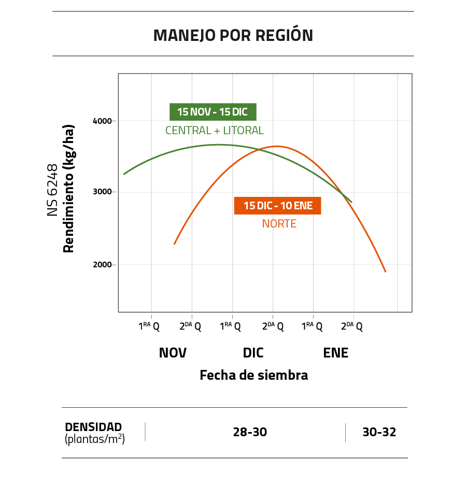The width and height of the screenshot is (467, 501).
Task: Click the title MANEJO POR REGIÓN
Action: (233, 35)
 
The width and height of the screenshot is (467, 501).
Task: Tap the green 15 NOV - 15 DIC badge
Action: (213, 112)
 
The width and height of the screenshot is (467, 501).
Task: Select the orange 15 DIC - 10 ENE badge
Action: (278, 206)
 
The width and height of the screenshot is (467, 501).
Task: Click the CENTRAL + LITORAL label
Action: (214, 131)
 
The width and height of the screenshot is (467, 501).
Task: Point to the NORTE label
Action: (279, 224)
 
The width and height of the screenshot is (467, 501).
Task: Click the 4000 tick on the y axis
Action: (102, 121)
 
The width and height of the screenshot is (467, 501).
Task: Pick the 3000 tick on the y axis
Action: (102, 192)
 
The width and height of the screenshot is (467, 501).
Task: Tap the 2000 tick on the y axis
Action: (102, 265)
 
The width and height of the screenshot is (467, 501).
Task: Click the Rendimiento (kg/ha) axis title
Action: (69, 189)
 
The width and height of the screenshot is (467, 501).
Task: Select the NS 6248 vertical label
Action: (52, 190)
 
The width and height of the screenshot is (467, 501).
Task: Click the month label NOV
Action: (173, 353)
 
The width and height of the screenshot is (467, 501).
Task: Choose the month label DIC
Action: (253, 353)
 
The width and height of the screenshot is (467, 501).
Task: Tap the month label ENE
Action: (335, 353)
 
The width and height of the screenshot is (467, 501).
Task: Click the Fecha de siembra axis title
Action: (253, 375)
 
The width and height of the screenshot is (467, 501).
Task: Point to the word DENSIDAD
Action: (93, 427)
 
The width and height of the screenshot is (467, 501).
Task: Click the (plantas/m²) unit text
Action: (95, 439)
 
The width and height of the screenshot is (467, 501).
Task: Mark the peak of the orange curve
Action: (276, 146)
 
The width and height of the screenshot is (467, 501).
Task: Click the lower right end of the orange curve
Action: (385, 271)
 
